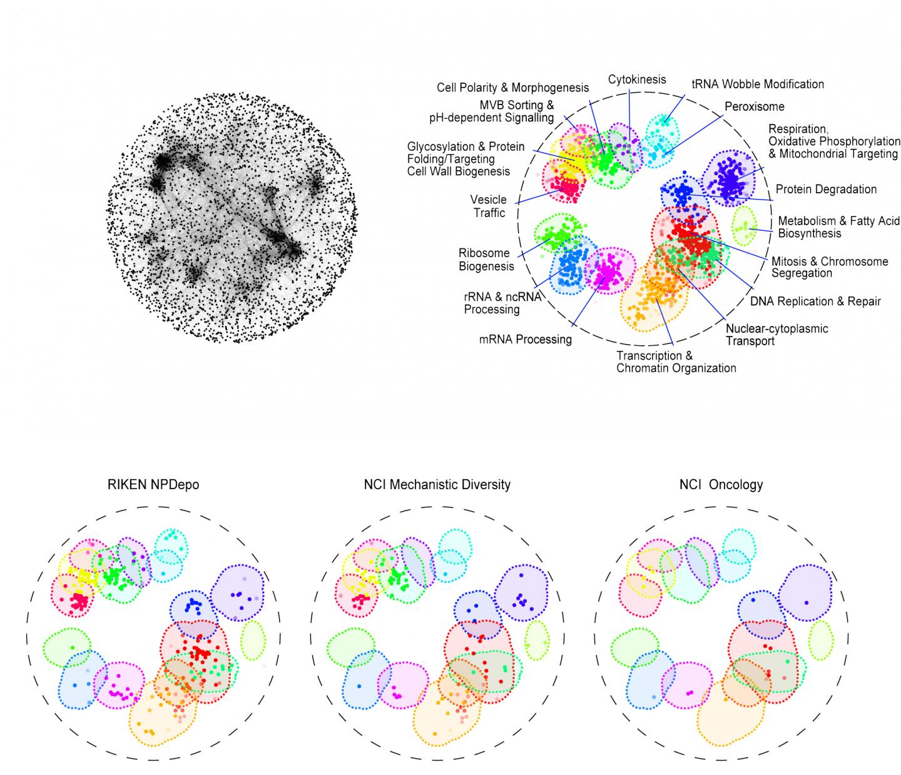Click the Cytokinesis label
pos(636,79)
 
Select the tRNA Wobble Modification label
pos(757,84)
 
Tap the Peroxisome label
pos(754,106)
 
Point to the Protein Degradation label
pos(826,189)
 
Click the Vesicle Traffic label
pos(489,206)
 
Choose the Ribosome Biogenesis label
pos(486,260)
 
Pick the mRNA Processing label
pos(526,340)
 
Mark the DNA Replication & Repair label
pos(815,301)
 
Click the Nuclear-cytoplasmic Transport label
pos(776,335)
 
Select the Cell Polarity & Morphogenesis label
pos(512,88)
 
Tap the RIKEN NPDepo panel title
pos(153,484)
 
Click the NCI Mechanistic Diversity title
pos(437,484)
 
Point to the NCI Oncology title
pos(721,484)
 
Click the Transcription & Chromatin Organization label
pos(676,362)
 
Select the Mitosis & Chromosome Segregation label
pos(829,267)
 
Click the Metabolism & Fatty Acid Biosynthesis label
pos(838,227)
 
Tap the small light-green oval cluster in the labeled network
pos(744,226)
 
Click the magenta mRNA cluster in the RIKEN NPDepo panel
pos(117,686)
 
